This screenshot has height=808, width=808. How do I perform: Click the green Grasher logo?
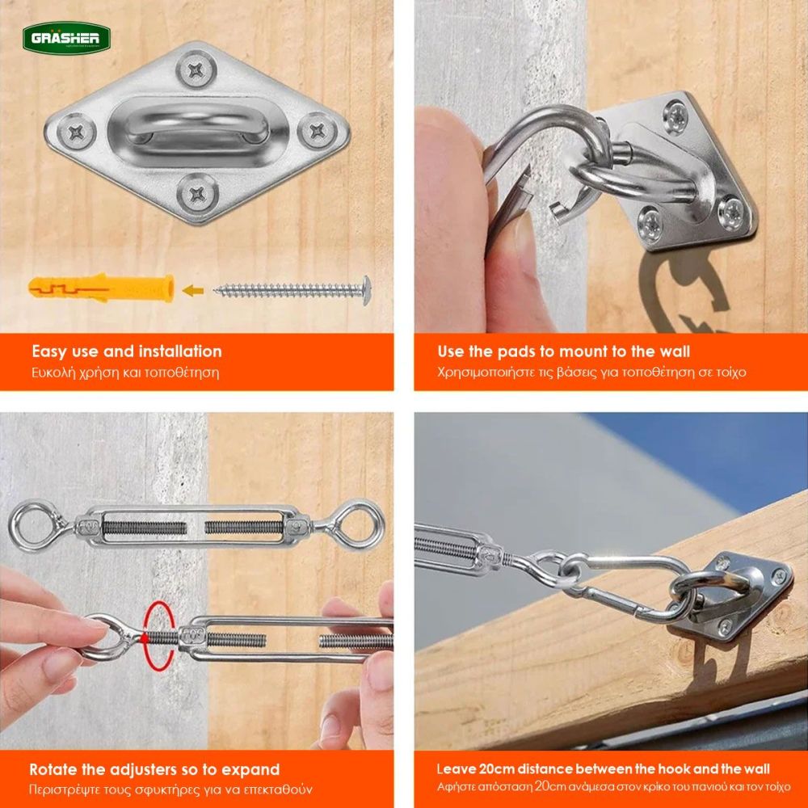66,37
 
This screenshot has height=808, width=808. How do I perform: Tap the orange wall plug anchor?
101,288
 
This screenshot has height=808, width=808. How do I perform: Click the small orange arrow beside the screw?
193,291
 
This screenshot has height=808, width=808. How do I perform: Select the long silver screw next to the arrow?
292,290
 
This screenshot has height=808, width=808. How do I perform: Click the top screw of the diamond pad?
196,69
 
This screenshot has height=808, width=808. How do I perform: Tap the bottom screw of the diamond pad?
197,194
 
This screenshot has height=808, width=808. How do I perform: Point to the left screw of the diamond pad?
76,133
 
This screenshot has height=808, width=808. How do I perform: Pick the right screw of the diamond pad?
318,130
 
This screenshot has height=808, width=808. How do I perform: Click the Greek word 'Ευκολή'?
52,372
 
